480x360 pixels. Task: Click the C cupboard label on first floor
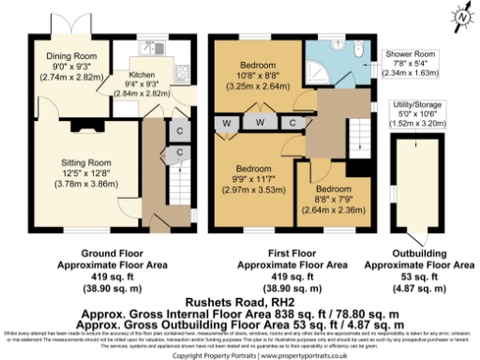pos(292,122)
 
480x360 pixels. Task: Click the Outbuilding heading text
pos(415,253)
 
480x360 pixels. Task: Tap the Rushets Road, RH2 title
pos(240,289)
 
